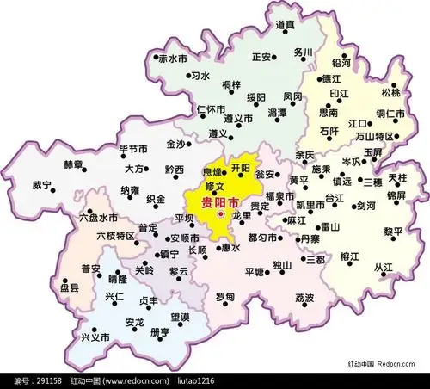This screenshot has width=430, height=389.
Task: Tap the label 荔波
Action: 305,298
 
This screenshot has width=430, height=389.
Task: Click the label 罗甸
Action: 224,297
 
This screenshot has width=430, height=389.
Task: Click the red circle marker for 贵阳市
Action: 221,214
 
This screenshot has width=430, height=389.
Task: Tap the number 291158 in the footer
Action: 41,380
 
